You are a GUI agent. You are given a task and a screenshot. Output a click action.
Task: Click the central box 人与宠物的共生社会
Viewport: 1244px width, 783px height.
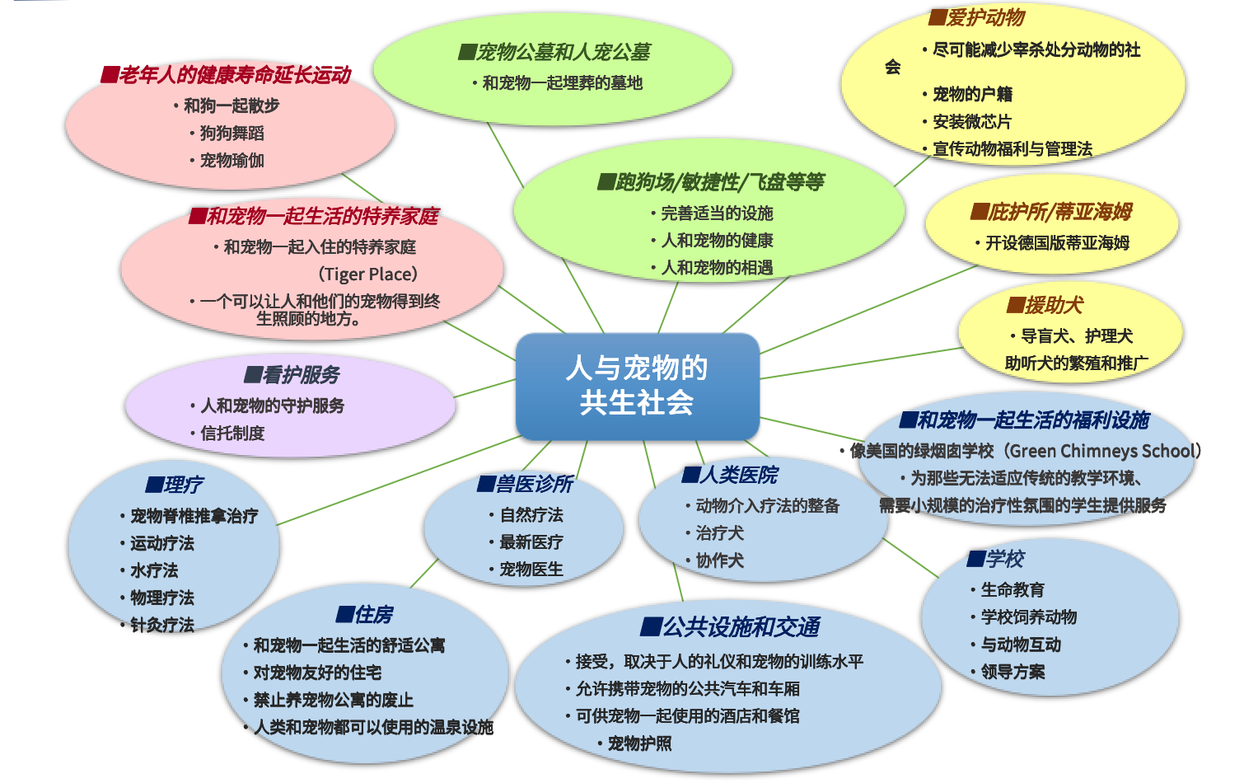pyautogui.click(x=638, y=387)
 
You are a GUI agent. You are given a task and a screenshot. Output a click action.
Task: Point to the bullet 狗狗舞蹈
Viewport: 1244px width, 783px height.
pyautogui.click(x=227, y=134)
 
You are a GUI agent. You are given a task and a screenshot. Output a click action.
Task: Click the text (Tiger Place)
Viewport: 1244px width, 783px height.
pyautogui.click(x=367, y=274)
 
